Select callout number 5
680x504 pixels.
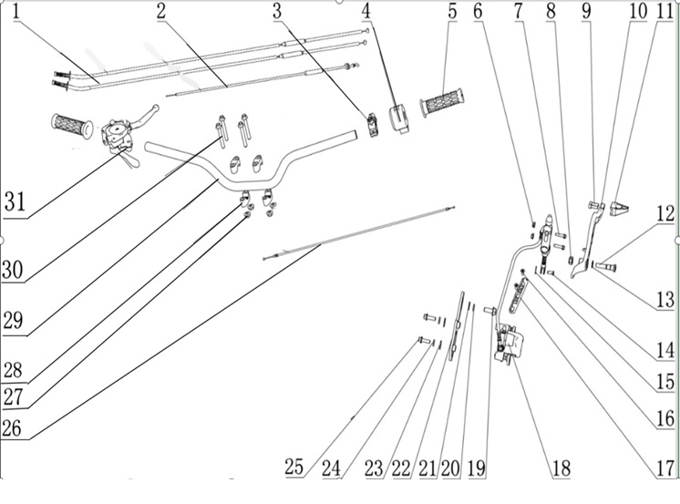[x=452, y=13]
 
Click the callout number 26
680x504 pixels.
[x=12, y=427]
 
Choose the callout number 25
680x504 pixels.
[x=294, y=467]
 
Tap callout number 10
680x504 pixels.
[x=637, y=13]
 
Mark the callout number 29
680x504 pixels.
[x=12, y=322]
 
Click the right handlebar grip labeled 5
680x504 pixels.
[x=442, y=100]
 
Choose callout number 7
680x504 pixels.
[x=519, y=13]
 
